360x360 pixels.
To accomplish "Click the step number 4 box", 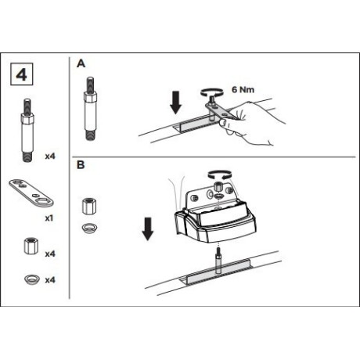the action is click(x=22, y=74).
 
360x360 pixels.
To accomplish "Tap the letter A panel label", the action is click(x=81, y=63).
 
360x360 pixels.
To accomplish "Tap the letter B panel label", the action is click(x=81, y=165).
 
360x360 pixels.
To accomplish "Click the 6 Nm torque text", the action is click(x=243, y=90).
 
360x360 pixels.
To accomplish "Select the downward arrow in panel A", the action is click(x=175, y=103).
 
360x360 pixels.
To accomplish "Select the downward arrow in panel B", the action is click(x=148, y=229).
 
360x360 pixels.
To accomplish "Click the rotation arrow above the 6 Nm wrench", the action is click(x=211, y=92).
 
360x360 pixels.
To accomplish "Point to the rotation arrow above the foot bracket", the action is click(x=219, y=175).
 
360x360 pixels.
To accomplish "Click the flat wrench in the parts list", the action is click(x=31, y=193).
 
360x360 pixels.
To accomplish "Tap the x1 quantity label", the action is click(x=49, y=218).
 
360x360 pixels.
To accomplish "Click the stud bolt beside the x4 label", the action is click(x=27, y=130).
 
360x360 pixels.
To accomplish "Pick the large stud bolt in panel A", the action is click(x=90, y=109).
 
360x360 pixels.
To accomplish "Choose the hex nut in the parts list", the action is click(x=31, y=246).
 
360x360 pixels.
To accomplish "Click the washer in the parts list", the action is click(x=32, y=279).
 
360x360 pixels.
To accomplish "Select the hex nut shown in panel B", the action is click(x=89, y=207).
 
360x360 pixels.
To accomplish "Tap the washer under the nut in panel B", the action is click(x=89, y=228).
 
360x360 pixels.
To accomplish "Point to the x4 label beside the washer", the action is click(x=50, y=280).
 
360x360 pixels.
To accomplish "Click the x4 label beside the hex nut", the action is click(x=50, y=254).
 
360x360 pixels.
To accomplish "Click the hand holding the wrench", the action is click(x=250, y=123).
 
